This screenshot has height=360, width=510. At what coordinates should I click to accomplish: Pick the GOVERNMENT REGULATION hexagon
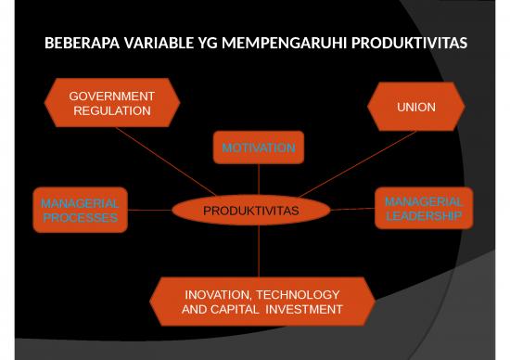click(x=112, y=103)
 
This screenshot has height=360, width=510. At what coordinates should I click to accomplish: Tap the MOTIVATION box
click(x=258, y=148)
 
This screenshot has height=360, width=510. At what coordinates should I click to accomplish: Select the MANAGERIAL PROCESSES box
click(x=80, y=211)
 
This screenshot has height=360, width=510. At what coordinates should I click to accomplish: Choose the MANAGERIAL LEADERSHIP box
click(x=423, y=209)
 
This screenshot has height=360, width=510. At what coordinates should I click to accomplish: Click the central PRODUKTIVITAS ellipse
click(x=250, y=211)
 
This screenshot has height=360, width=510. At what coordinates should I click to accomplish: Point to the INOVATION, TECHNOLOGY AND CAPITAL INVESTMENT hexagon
click(x=262, y=302)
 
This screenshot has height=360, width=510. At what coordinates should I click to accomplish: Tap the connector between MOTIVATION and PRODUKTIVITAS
click(x=259, y=179)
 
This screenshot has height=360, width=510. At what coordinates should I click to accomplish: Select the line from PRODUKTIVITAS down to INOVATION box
click(x=259, y=251)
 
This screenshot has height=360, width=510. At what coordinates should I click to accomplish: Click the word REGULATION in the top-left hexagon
click(x=111, y=110)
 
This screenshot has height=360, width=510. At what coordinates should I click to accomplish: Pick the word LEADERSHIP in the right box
click(x=424, y=216)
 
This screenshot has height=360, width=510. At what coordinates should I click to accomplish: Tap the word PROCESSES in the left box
click(x=80, y=218)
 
